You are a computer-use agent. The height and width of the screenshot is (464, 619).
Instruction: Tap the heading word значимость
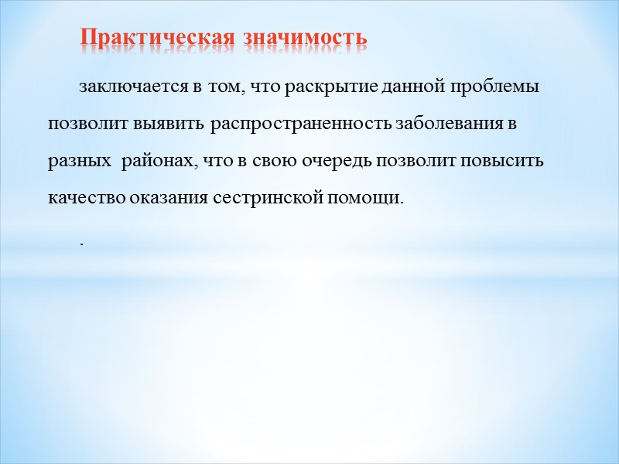pos(305,38)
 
